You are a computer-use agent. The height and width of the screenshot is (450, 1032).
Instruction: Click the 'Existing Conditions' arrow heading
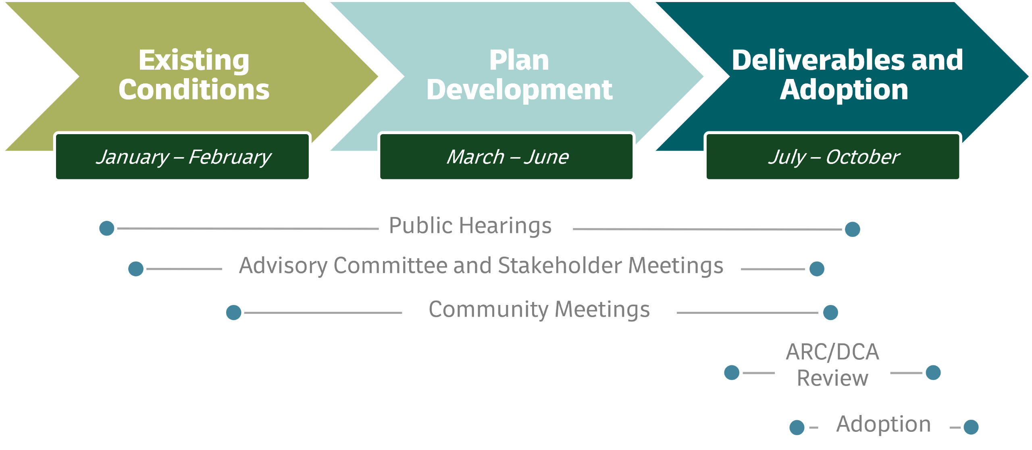[194, 75]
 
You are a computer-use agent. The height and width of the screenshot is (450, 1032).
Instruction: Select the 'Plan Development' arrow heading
[519, 75]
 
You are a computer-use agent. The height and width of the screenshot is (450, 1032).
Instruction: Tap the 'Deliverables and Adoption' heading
[847, 75]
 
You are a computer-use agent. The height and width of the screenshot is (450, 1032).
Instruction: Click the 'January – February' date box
[183, 157]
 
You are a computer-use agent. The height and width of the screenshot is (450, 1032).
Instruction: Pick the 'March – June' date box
[507, 157]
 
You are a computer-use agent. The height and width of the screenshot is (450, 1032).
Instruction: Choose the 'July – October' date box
[833, 157]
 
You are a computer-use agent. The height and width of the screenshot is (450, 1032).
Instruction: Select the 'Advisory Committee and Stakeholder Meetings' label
[481, 265]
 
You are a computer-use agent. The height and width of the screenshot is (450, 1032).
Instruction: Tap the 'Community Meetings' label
[539, 309]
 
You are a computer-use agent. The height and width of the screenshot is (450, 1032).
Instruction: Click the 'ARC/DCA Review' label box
[832, 365]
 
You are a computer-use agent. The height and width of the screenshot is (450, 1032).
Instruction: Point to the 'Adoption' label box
[884, 424]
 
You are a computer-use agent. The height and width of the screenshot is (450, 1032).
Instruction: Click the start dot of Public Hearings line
[107, 228]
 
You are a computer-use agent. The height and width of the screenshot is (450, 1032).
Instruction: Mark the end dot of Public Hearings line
[852, 229]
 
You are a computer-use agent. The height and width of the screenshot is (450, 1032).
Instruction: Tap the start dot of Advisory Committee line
[136, 269]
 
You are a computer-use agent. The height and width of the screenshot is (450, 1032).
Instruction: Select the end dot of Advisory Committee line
[817, 269]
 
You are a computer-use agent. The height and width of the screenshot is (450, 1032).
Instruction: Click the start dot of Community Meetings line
[234, 312]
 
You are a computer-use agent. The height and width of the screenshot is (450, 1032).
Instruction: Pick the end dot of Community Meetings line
[830, 312]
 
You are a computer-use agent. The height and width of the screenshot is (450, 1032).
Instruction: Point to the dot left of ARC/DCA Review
[732, 372]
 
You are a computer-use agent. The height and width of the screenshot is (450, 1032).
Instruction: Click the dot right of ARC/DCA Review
[933, 372]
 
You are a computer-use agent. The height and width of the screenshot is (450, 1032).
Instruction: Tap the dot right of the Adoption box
[971, 427]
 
